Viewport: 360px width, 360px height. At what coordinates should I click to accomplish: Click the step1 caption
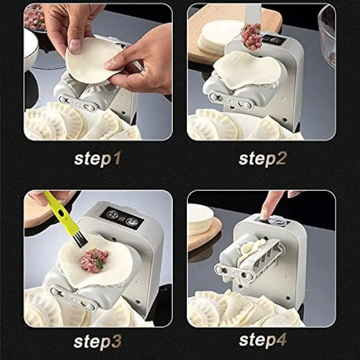(x=97, y=159)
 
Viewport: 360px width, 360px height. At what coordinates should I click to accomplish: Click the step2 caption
(x=262, y=159)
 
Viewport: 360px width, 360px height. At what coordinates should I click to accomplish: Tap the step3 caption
(x=97, y=342)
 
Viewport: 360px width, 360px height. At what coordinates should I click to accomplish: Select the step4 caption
(x=262, y=341)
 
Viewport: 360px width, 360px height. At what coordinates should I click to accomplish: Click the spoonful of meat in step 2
(x=251, y=36)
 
